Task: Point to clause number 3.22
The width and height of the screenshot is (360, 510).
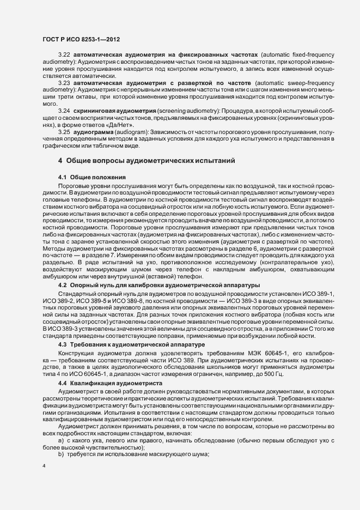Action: click(x=64, y=56)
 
